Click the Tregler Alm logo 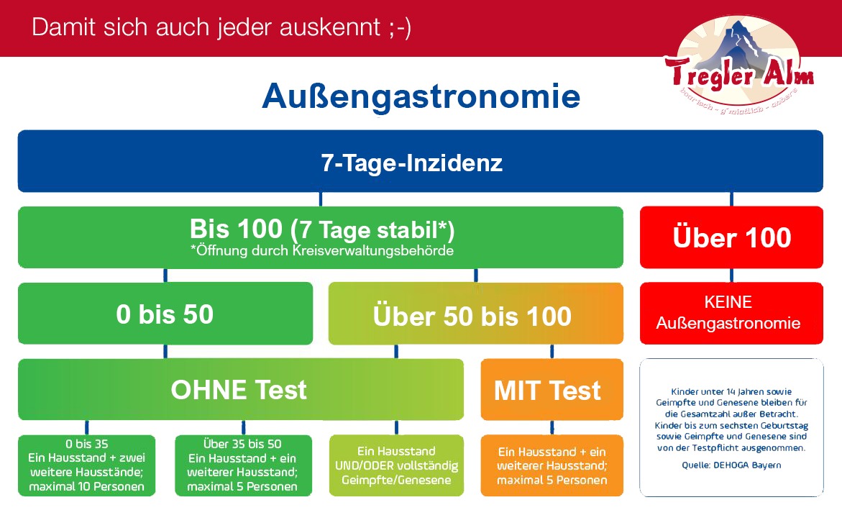pos(739,65)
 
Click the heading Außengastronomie pos(421,96)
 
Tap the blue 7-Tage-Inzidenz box pos(421,161)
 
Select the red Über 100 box pos(731,237)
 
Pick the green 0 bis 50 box pos(165,314)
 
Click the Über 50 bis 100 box pos(476,314)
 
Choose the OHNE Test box pos(241,390)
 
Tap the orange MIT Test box pos(552,390)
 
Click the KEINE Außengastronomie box pos(731,314)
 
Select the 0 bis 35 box pos(86,465)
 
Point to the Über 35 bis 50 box pos(243,465)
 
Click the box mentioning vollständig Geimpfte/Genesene pos(396,465)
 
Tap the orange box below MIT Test pos(552,465)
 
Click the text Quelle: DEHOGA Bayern pos(731,465)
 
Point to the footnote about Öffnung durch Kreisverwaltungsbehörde pos(322,251)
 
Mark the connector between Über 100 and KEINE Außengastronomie pos(731,276)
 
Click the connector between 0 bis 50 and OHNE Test pos(165,352)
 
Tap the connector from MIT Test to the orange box pos(552,428)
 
